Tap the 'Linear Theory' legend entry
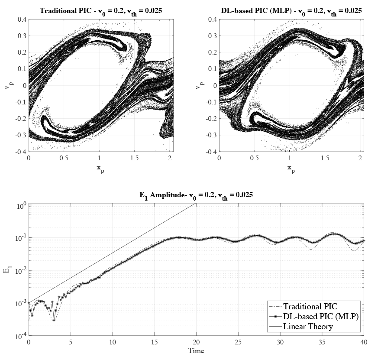[308, 326]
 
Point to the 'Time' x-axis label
[196, 350]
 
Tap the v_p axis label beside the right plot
[198, 85]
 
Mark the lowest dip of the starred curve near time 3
[54, 320]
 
